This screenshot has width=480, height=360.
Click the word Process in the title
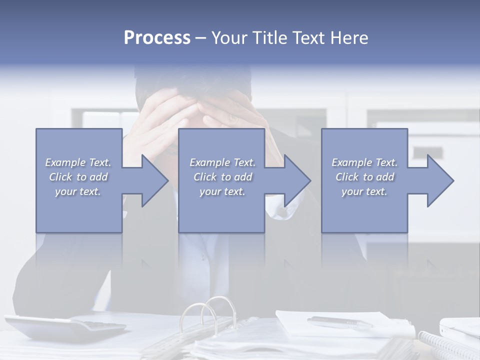[x=157, y=38]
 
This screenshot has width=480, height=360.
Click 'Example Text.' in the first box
[x=78, y=162]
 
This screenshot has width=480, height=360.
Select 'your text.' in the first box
[x=78, y=191]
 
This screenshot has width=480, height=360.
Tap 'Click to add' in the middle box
[x=222, y=177]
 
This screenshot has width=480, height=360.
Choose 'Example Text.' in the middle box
[x=222, y=162]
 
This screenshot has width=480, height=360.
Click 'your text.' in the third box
[x=364, y=191]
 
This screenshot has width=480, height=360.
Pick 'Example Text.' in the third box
[x=364, y=162]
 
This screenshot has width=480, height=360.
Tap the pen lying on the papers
[x=340, y=322]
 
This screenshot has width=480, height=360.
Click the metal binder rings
[x=210, y=312]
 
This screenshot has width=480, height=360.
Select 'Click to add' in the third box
[x=364, y=177]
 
